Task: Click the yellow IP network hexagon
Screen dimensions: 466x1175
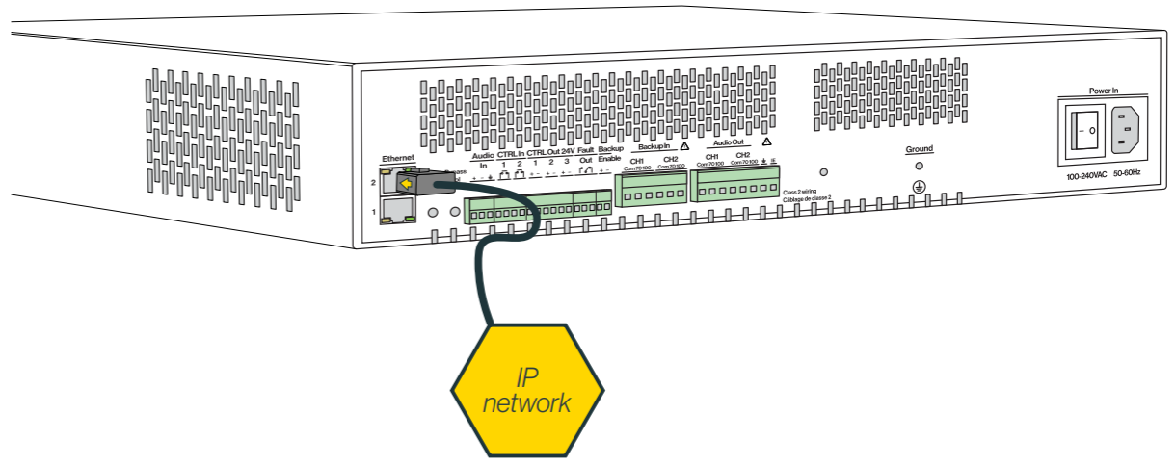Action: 527,391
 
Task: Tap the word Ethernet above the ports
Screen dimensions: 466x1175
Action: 398,157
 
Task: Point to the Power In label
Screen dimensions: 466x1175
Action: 1103,91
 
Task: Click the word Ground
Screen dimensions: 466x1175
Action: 919,149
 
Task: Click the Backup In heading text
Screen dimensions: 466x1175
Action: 654,147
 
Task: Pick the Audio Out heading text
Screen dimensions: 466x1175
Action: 728,143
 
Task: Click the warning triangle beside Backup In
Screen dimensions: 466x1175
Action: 683,147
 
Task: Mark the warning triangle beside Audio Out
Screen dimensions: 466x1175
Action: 766,142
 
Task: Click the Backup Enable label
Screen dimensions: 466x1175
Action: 610,154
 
